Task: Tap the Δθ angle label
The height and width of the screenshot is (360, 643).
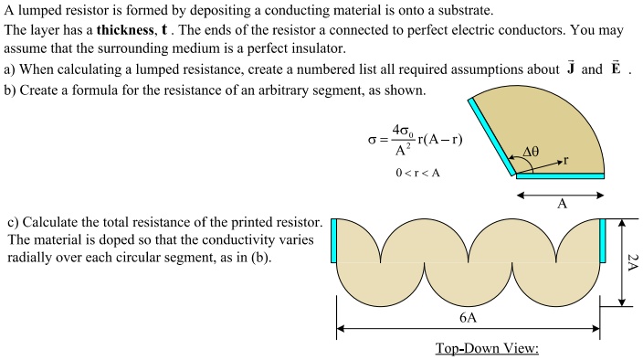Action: point(534,152)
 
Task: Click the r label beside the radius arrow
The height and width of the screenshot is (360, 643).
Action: point(566,160)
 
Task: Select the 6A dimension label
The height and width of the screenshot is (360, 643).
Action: point(468,318)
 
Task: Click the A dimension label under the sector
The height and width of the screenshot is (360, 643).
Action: point(562,204)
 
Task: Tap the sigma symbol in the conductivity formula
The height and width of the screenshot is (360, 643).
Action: point(372,140)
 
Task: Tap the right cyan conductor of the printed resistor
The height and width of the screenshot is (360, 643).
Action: point(603,238)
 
